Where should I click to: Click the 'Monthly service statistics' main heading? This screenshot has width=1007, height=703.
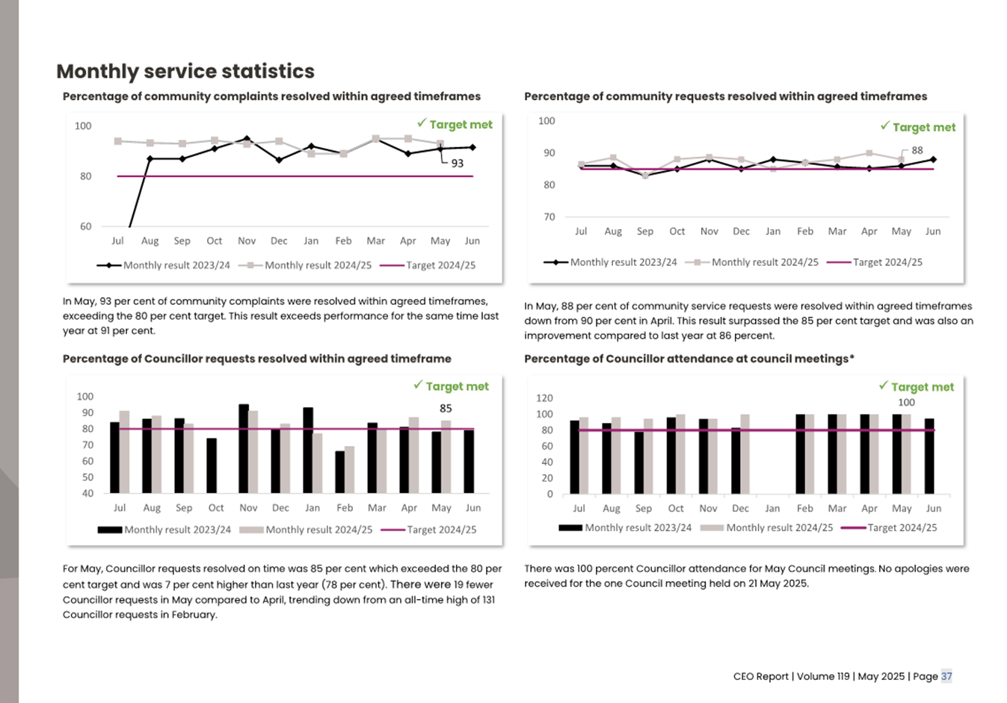[185, 71]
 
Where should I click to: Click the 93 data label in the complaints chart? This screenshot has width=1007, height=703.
[457, 163]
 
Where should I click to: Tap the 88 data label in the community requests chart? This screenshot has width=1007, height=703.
[917, 150]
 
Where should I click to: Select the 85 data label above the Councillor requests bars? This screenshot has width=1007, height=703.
[446, 409]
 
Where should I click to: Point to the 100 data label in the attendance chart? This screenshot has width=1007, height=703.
[906, 403]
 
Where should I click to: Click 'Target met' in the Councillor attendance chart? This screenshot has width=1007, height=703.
[922, 387]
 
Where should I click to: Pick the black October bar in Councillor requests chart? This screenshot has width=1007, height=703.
[212, 465]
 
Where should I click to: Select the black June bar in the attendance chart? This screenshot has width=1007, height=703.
[929, 456]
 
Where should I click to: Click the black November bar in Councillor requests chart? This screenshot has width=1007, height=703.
[244, 448]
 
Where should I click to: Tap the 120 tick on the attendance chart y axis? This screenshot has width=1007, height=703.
[544, 398]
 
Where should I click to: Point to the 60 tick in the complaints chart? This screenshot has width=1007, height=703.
[85, 226]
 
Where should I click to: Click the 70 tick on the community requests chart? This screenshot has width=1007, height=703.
[549, 217]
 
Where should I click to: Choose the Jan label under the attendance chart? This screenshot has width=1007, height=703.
[772, 508]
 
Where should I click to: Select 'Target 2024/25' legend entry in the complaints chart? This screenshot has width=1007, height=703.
[440, 265]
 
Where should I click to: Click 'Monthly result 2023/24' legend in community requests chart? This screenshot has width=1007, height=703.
[623, 262]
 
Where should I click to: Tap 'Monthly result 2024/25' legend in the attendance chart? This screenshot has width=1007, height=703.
[779, 527]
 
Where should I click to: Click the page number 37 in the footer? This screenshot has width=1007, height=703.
[946, 676]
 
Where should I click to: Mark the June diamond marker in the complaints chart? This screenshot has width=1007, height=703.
[472, 147]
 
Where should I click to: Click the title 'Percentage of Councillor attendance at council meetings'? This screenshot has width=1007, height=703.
[689, 359]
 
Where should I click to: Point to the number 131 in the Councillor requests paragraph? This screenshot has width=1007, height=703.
[487, 600]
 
